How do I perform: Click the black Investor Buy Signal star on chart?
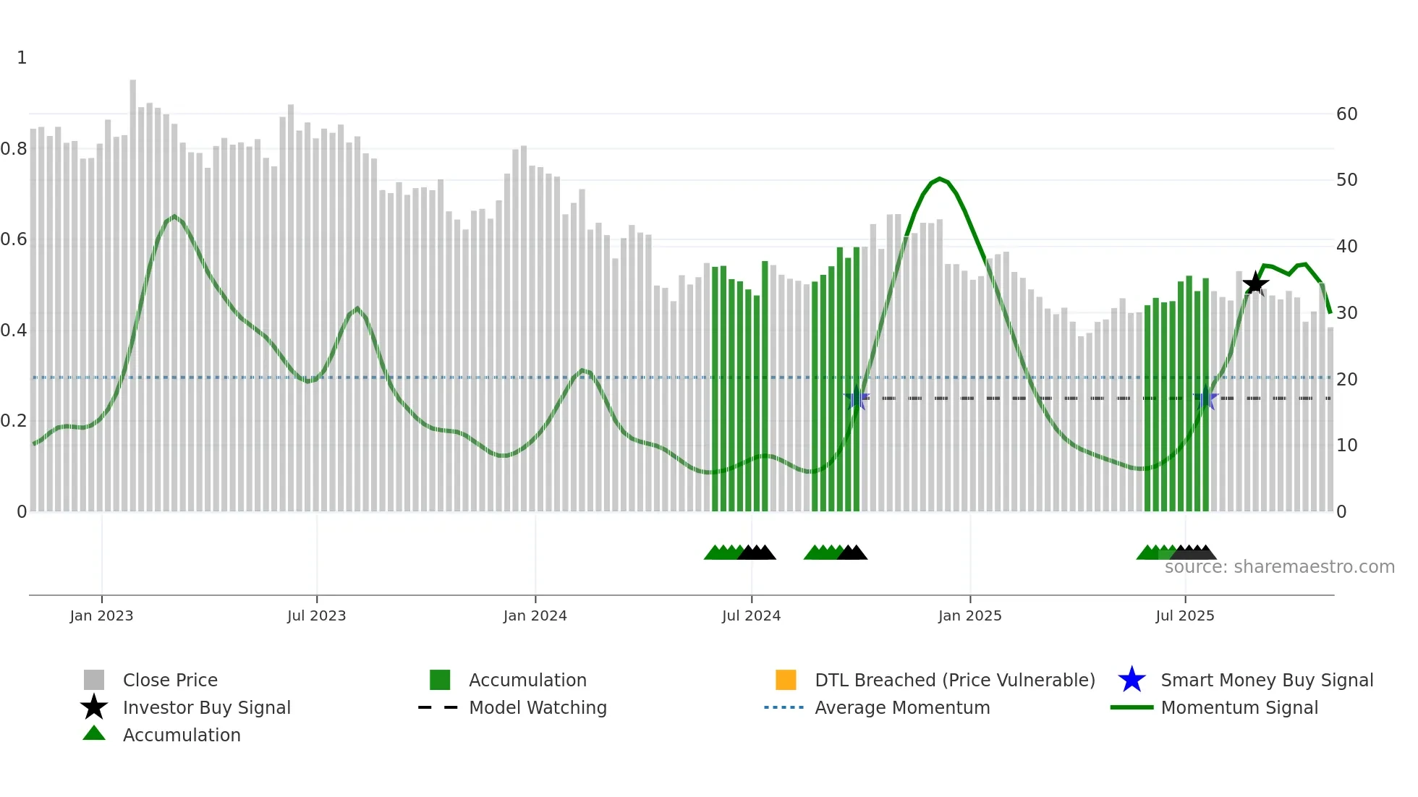(x=1255, y=284)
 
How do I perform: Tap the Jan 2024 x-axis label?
(x=535, y=615)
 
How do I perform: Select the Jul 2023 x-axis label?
(x=316, y=615)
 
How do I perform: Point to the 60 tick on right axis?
(x=1346, y=114)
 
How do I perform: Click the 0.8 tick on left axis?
(x=14, y=149)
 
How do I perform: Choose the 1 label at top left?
(x=22, y=58)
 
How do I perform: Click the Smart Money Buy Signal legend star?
(x=1132, y=680)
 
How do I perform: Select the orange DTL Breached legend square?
(x=786, y=680)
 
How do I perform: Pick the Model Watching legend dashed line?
(x=438, y=707)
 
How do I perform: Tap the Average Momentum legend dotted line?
(x=784, y=707)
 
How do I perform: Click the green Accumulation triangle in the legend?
(x=94, y=734)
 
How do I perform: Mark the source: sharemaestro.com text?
(x=1279, y=567)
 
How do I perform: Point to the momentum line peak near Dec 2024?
(x=939, y=179)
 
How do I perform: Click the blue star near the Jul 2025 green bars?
(x=1205, y=399)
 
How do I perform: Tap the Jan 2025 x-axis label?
(x=969, y=615)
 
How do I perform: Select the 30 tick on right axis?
(x=1346, y=312)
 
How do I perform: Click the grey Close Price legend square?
(x=94, y=680)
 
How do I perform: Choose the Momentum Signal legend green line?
(x=1132, y=707)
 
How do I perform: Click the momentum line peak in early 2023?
(x=174, y=216)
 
